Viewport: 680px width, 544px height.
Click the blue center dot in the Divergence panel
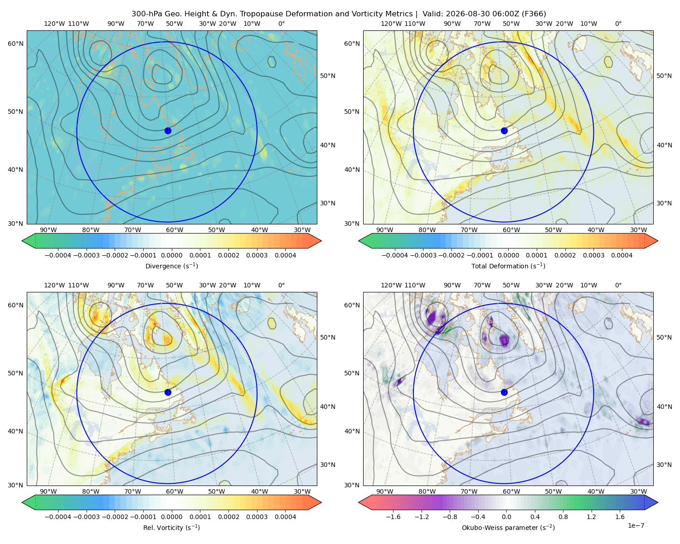168,131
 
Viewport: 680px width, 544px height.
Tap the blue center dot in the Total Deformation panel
504,131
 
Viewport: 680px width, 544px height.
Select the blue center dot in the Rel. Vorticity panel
168,392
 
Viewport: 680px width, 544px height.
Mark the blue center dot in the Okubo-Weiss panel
504,392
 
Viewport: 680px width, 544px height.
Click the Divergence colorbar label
171,266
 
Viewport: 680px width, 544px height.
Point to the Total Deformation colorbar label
508,266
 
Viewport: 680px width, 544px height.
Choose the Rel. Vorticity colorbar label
171,528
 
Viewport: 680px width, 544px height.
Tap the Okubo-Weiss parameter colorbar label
508,528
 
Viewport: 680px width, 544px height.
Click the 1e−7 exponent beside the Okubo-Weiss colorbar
636,525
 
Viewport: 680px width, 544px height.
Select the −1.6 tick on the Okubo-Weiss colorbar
393,517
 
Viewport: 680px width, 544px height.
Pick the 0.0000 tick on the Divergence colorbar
171,255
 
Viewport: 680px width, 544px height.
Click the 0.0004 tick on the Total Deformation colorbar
622,255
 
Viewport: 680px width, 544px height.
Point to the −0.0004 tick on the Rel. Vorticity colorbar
58,517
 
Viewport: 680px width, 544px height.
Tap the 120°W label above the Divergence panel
54,24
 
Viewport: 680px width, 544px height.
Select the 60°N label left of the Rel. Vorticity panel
15,305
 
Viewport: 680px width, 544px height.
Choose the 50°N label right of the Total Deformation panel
664,76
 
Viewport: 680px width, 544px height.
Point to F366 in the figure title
534,14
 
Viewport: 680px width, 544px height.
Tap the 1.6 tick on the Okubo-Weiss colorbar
620,517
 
